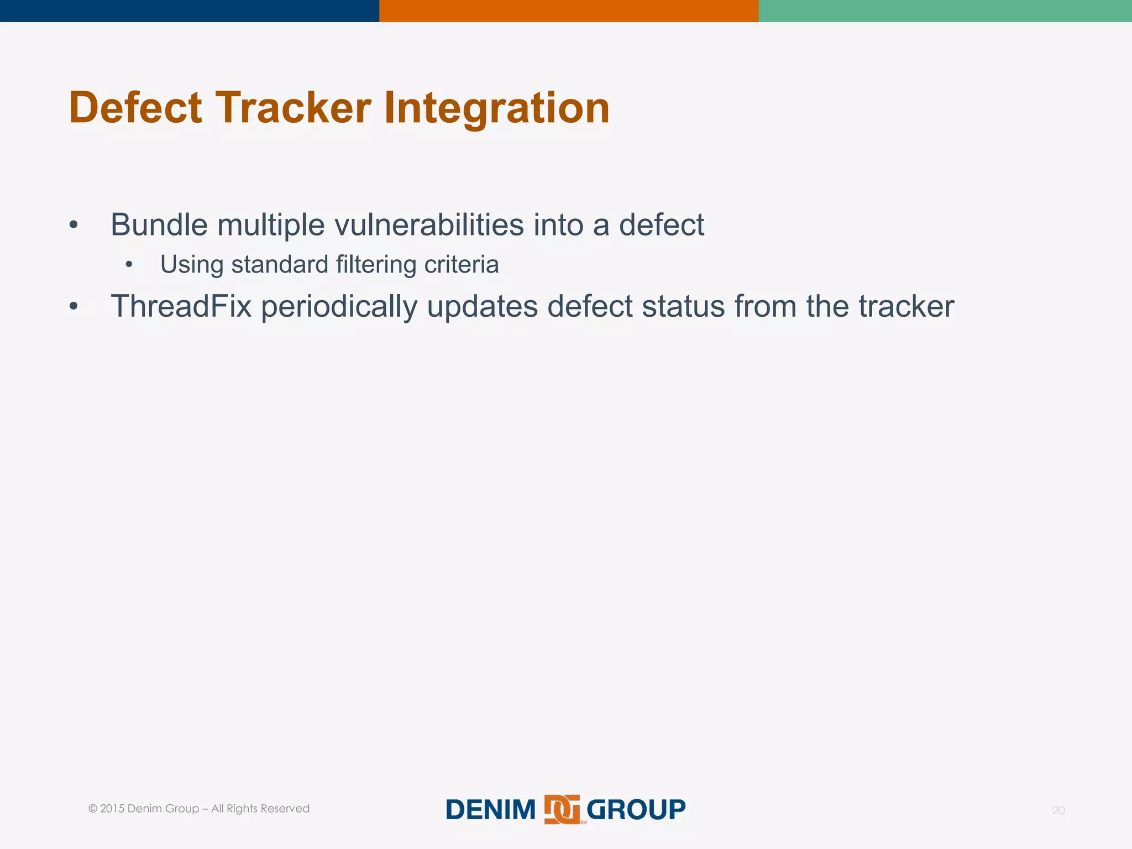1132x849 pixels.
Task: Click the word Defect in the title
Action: (135, 108)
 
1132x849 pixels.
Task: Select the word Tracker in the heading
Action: (293, 108)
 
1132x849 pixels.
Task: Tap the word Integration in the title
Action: (496, 108)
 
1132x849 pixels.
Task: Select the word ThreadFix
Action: (181, 306)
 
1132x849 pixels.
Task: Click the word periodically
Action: (339, 307)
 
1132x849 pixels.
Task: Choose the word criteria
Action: (461, 264)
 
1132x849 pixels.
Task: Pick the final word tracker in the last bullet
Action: (906, 306)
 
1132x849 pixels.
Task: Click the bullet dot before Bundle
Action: (74, 225)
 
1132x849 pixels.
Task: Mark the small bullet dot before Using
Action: (129, 265)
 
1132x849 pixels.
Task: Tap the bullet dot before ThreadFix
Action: (74, 306)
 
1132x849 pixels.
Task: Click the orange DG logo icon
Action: (562, 809)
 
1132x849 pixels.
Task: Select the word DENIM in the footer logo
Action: (490, 810)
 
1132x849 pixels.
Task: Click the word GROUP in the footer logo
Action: (636, 810)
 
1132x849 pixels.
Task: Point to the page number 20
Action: (1058, 810)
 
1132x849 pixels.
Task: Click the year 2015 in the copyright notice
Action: (112, 809)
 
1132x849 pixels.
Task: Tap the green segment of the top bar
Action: (945, 11)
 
